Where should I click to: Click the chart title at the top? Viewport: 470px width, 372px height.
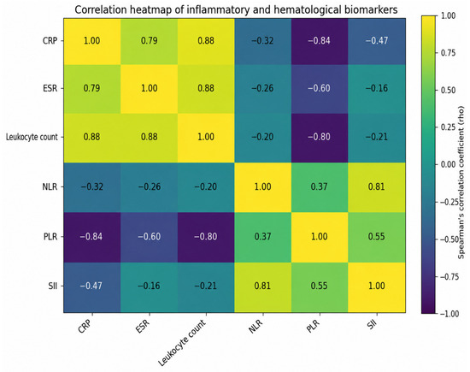236,9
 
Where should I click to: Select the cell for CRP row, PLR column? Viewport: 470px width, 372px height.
320,42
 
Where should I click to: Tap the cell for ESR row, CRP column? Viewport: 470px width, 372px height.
92,89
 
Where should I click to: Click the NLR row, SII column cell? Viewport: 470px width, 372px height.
377,187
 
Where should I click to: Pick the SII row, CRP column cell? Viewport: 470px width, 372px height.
92,287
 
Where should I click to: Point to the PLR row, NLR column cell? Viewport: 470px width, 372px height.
262,237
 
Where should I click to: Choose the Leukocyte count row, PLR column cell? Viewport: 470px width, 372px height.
320,138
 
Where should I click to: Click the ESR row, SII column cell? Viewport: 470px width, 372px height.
377,89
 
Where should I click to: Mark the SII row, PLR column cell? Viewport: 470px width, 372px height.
320,287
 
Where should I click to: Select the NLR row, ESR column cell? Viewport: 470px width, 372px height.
149,187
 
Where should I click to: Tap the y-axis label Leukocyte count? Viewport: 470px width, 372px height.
32,137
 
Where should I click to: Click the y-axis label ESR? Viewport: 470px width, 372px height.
50,88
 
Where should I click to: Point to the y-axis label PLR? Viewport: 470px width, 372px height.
50,237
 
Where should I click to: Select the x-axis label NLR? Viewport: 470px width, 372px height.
256,327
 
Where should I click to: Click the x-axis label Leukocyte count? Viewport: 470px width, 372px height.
182,343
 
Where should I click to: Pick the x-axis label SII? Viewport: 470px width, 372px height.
372,324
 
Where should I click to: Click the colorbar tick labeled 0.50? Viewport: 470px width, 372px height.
448,91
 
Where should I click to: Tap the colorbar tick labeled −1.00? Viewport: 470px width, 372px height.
448,314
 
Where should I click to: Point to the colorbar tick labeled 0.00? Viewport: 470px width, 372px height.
448,165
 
